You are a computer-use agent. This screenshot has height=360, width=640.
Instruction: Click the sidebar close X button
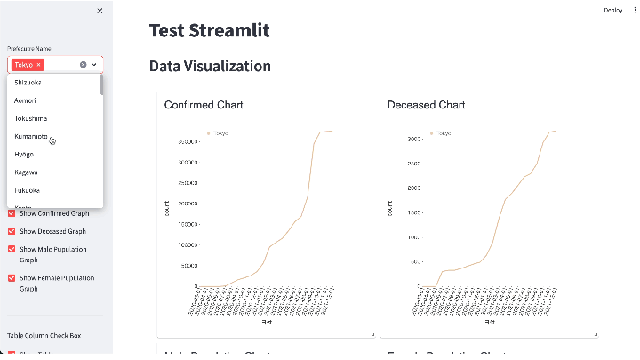[100, 11]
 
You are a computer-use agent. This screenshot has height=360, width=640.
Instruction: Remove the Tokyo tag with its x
[39, 65]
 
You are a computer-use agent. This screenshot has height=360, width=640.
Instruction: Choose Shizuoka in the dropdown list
[28, 83]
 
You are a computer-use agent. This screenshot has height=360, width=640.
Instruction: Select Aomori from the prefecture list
[26, 100]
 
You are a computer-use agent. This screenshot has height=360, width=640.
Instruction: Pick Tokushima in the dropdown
[31, 118]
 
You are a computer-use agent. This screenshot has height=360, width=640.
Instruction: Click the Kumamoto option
[31, 136]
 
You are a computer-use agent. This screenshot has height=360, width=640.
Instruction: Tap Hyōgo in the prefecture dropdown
[25, 154]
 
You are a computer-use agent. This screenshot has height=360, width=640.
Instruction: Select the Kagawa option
[26, 172]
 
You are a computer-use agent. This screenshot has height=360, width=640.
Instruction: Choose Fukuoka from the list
[27, 189]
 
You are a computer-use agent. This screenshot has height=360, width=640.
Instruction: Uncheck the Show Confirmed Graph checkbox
[12, 213]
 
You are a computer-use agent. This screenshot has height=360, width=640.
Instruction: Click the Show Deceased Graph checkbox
[12, 231]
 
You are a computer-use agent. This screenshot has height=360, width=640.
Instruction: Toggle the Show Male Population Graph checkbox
[12, 250]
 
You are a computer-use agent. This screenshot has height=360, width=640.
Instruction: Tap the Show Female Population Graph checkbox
[12, 278]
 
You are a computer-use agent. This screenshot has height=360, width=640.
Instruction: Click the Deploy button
[612, 10]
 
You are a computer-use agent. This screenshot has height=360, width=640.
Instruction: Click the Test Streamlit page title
[209, 30]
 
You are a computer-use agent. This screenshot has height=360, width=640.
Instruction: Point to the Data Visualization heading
[210, 66]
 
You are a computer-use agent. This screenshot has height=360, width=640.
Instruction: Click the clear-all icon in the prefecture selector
[84, 65]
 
